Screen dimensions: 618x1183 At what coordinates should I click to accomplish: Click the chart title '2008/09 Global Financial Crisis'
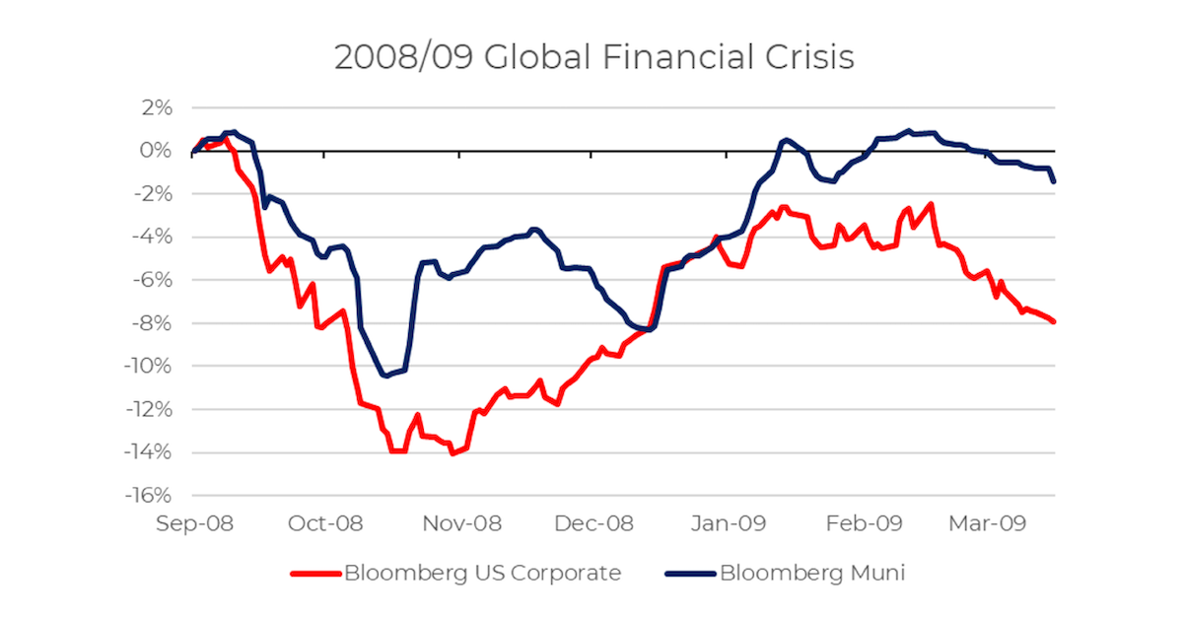point(593,57)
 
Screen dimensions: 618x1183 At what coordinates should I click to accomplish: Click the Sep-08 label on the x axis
point(194,523)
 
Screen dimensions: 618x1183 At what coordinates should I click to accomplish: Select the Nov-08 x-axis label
point(460,523)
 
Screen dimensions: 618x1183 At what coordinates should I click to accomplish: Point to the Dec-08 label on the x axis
point(593,523)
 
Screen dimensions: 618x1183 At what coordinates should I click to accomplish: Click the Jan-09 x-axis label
point(728,523)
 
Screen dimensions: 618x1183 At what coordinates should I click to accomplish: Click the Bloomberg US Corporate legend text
point(482,573)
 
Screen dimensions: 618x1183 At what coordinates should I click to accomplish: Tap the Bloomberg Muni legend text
point(811,573)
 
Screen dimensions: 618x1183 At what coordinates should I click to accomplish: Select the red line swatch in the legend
point(313,573)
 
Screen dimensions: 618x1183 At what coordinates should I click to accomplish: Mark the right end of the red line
point(1054,321)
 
